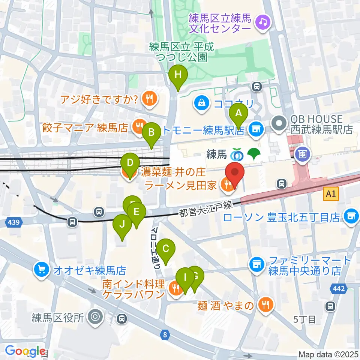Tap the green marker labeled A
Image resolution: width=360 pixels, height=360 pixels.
(238, 112)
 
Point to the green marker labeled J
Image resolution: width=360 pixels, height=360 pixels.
(122, 225)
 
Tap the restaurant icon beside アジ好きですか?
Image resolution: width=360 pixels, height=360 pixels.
(149, 99)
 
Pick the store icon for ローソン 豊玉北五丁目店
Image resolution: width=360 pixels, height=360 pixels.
(351, 216)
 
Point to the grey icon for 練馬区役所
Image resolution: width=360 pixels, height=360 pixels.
(94, 318)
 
